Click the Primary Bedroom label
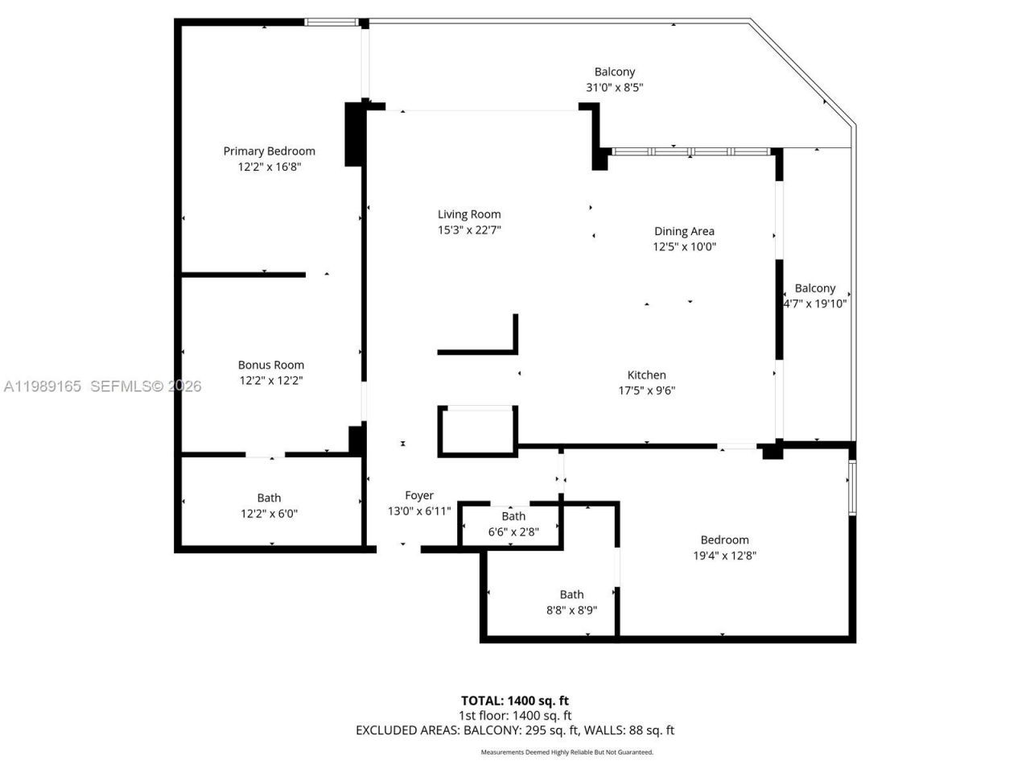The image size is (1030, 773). (x=269, y=151)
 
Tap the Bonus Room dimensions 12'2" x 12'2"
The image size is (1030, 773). (x=270, y=380)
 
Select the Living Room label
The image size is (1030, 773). (x=469, y=214)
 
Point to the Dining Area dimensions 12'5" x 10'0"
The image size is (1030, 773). (x=684, y=246)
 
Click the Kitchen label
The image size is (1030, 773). (x=646, y=374)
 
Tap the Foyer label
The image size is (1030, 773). (x=418, y=495)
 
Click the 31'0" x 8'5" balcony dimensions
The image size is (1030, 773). (x=614, y=88)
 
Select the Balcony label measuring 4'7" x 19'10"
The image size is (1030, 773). (x=814, y=288)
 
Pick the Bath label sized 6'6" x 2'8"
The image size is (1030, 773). (x=513, y=516)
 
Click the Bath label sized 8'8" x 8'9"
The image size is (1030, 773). (x=571, y=594)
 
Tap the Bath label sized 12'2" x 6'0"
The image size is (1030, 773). (x=269, y=498)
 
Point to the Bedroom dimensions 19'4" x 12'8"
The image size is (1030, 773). (x=724, y=556)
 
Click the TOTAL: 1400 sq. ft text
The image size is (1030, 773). (x=514, y=701)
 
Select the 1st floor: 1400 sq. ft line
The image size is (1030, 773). (x=514, y=715)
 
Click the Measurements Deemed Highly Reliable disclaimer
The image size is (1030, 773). (x=566, y=752)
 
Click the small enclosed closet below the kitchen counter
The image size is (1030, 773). (x=476, y=432)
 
